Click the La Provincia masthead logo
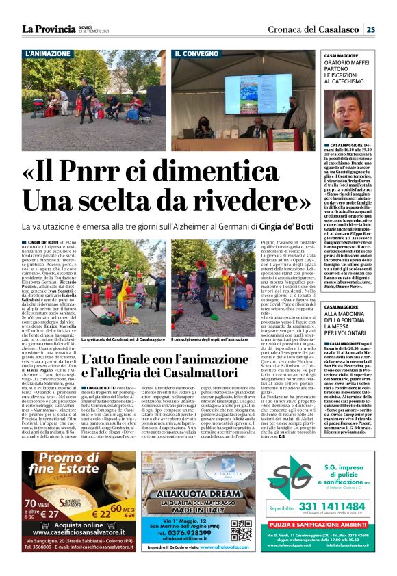48,29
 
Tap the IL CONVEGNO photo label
196,53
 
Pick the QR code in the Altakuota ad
240,527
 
